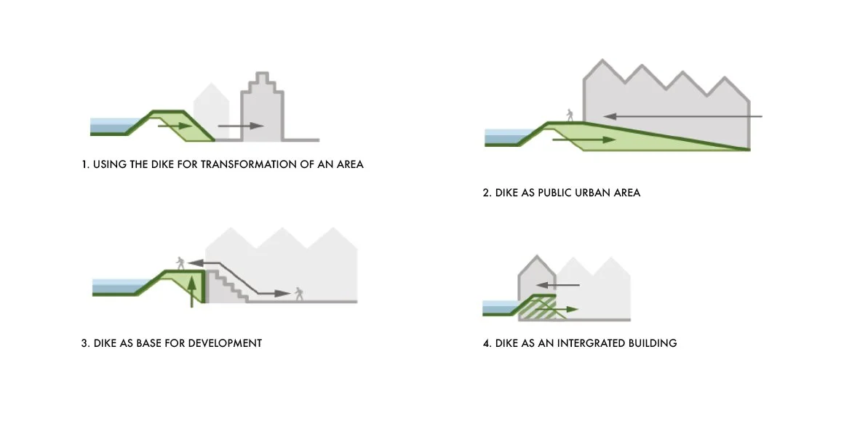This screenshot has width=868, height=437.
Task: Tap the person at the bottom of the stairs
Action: coord(298,294)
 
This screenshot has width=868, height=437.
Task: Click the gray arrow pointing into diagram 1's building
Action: coord(240,126)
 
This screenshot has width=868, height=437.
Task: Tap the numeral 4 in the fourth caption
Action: coord(486,342)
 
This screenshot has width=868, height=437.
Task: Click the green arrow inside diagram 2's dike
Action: coord(578,137)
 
